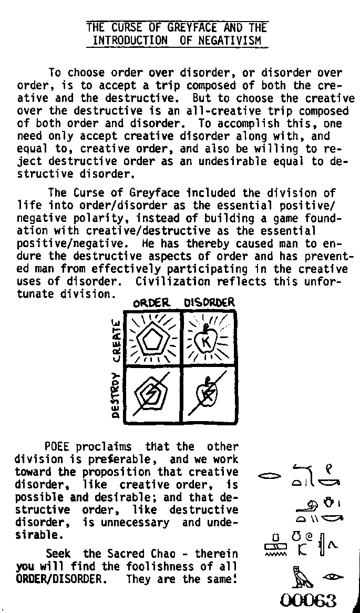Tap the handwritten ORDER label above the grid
tap(151, 303)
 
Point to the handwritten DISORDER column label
tap(209, 303)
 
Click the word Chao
tap(167, 554)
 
